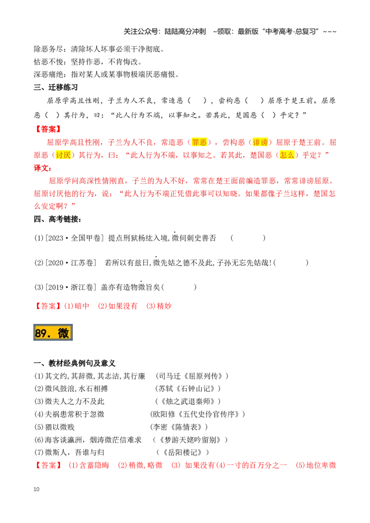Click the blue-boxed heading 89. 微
point(53,332)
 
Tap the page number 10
point(37,489)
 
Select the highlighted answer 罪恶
point(199,142)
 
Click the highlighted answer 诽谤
point(260,142)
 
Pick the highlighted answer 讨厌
point(63,155)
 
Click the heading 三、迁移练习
point(56,87)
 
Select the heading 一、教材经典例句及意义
point(74,363)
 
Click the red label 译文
point(43,168)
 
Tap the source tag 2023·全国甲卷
point(73,238)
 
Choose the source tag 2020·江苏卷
point(70,263)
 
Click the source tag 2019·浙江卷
point(70,287)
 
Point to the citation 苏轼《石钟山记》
point(188,389)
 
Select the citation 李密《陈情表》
point(179,427)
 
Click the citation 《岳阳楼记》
point(183,453)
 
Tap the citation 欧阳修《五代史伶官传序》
point(197,414)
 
